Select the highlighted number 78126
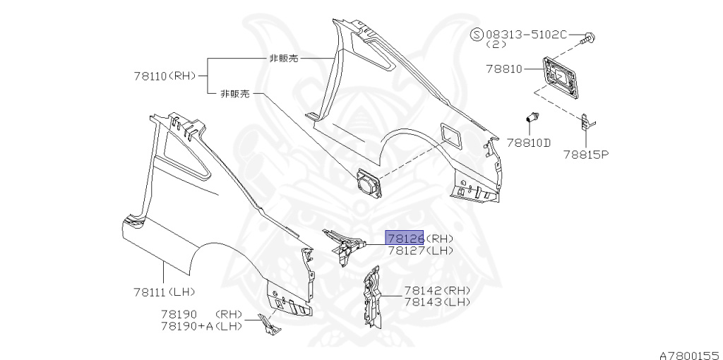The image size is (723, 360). point(405,238)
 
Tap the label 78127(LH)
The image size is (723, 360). point(420,251)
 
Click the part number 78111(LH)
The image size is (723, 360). point(163,292)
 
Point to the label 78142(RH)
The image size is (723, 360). point(437,291)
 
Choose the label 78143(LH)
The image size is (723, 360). point(437,301)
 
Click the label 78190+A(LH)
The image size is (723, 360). point(201,325)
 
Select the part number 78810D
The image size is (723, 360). point(528,143)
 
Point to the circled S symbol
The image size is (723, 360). point(477,34)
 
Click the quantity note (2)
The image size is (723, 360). point(496,44)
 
